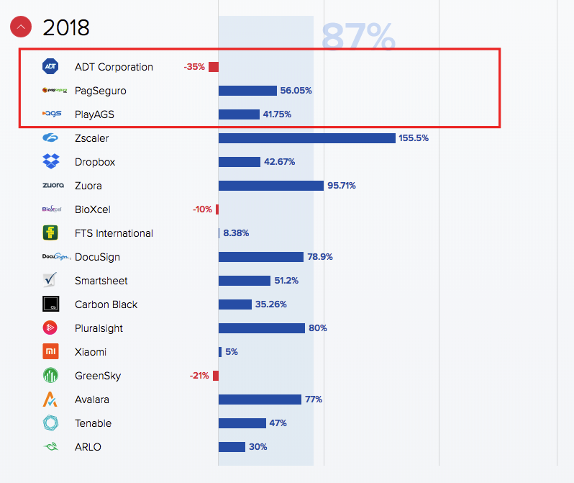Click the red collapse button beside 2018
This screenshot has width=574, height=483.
21,27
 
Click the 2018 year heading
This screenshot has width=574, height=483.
66,27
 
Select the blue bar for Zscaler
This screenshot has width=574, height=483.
306,138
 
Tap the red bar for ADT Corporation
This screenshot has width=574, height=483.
214,67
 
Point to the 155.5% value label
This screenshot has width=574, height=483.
414,138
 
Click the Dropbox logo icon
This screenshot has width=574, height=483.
51,162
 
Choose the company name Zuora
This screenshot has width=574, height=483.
88,186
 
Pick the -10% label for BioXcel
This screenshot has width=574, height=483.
202,209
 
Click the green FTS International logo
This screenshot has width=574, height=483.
51,233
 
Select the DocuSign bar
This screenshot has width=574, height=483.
260,257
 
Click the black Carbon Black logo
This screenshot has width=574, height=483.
51,304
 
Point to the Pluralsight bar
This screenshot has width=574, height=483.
261,328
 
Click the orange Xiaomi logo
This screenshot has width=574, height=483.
51,352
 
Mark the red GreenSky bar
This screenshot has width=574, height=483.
216,376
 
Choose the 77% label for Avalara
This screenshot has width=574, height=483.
314,400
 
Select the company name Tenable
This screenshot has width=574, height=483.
93,423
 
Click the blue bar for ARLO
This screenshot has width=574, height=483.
232,447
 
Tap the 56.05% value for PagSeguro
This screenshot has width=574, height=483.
296,91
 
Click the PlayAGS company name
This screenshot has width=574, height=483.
94,114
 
